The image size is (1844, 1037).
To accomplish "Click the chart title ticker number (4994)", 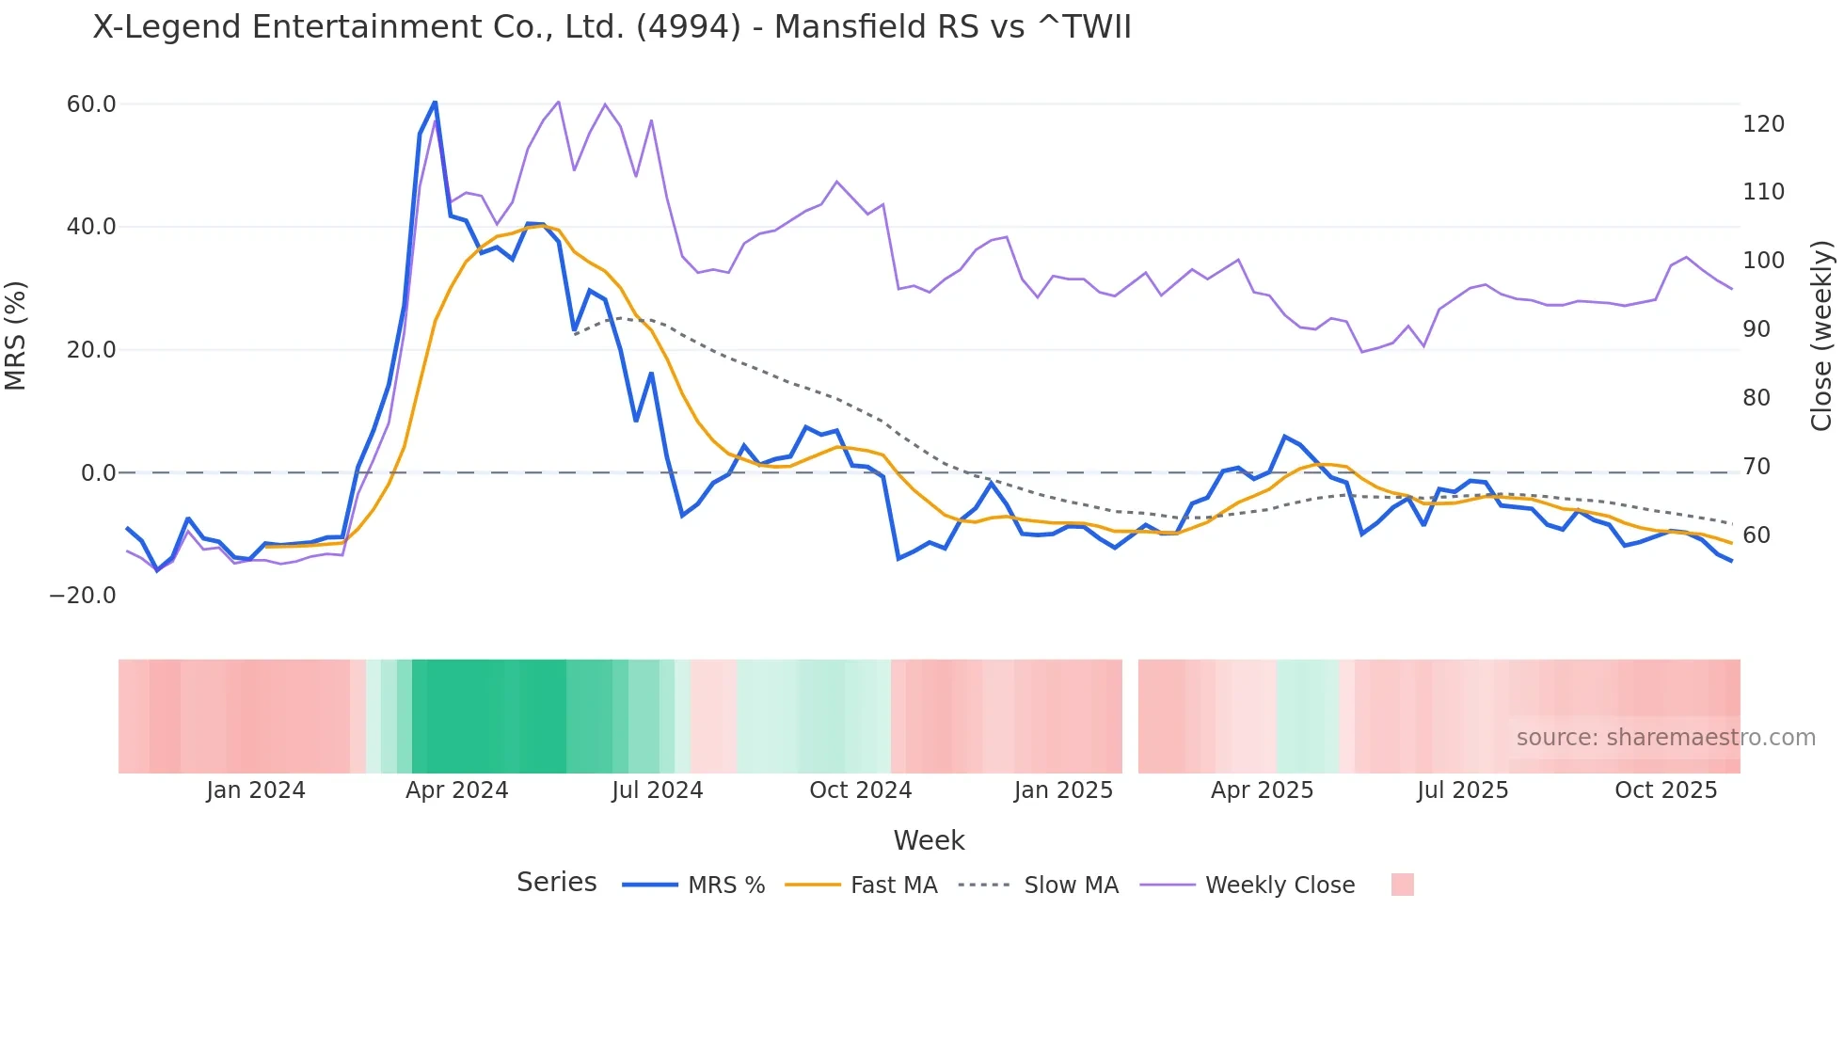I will pos(689,26).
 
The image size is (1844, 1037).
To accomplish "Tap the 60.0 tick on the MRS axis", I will pos(91,104).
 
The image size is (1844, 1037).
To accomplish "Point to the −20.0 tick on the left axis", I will pos(83,596).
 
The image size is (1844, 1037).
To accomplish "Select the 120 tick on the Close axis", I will pos(1763,124).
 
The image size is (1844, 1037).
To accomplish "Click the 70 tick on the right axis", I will pos(1756,467).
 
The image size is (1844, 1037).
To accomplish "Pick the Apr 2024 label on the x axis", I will pos(456,790).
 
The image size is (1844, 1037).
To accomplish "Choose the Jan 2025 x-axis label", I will pos(1063,790).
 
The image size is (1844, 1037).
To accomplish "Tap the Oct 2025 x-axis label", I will pos(1665,790).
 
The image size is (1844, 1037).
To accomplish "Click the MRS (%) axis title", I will pos(16,336).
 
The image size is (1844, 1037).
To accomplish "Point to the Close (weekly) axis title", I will pos(1821,336).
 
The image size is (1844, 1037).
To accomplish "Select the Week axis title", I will pos(929,840).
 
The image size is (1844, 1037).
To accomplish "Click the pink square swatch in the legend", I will pos(1402,885).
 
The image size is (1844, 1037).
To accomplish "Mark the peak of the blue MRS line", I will pos(435,101).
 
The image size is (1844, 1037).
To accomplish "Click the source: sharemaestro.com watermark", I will pos(1665,738).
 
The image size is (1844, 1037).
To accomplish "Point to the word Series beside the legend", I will pos(556,883).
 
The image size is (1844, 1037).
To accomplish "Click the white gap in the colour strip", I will pos(1130,716).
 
